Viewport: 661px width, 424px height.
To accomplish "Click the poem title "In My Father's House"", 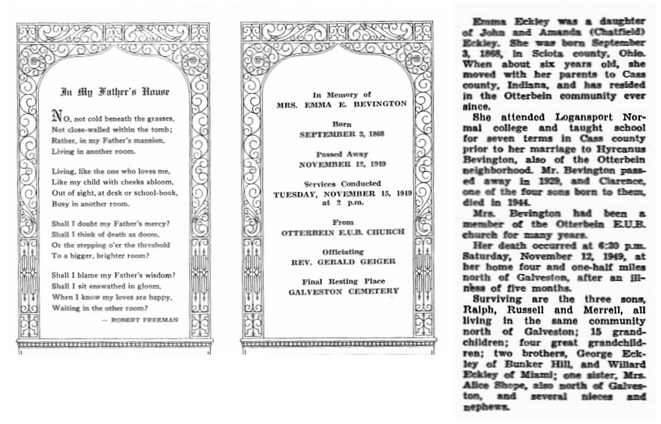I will click(115, 92).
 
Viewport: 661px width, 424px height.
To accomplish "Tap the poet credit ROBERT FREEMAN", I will click(149, 320).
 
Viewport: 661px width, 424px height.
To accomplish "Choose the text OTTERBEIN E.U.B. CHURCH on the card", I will click(343, 232).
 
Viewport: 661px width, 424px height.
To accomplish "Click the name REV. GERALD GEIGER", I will click(342, 262).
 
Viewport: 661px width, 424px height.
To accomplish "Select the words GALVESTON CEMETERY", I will click(343, 291).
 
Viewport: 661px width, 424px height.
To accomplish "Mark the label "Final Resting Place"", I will click(343, 281).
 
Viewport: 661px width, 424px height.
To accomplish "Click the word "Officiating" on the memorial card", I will click(342, 251).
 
